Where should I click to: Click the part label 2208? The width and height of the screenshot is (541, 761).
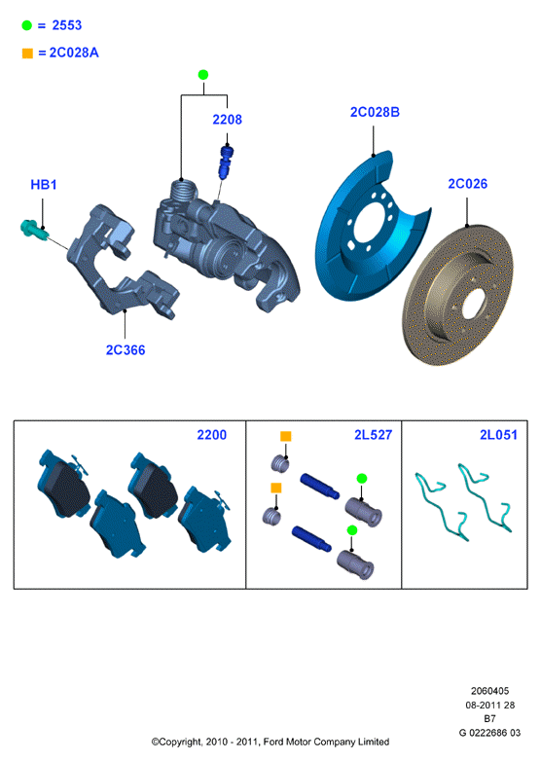227,120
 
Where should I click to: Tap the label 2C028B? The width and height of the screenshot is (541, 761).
375,112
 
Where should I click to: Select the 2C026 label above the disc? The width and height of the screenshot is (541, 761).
468,184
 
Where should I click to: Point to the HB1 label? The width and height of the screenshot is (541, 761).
44,185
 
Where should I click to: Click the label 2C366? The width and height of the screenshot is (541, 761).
126,350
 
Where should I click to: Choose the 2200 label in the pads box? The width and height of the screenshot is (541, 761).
211,435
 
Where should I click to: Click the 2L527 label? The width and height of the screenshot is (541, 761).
373,435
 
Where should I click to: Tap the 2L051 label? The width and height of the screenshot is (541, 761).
499,435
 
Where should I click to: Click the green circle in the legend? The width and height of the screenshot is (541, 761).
26,25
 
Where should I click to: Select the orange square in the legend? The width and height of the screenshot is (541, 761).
27,53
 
